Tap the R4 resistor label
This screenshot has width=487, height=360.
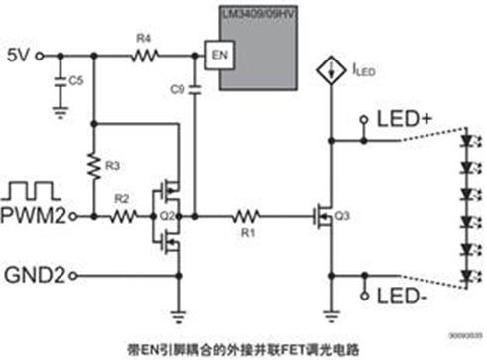tap(143, 39)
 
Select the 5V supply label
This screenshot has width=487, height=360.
tap(20, 56)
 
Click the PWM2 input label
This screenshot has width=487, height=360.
tap(35, 216)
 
